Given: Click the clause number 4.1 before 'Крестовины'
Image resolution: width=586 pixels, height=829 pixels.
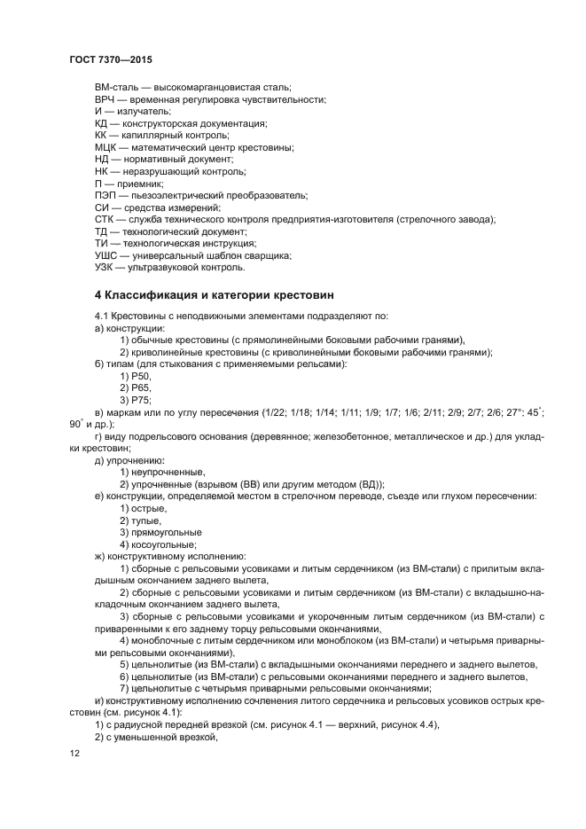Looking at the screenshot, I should pos(102,317).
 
